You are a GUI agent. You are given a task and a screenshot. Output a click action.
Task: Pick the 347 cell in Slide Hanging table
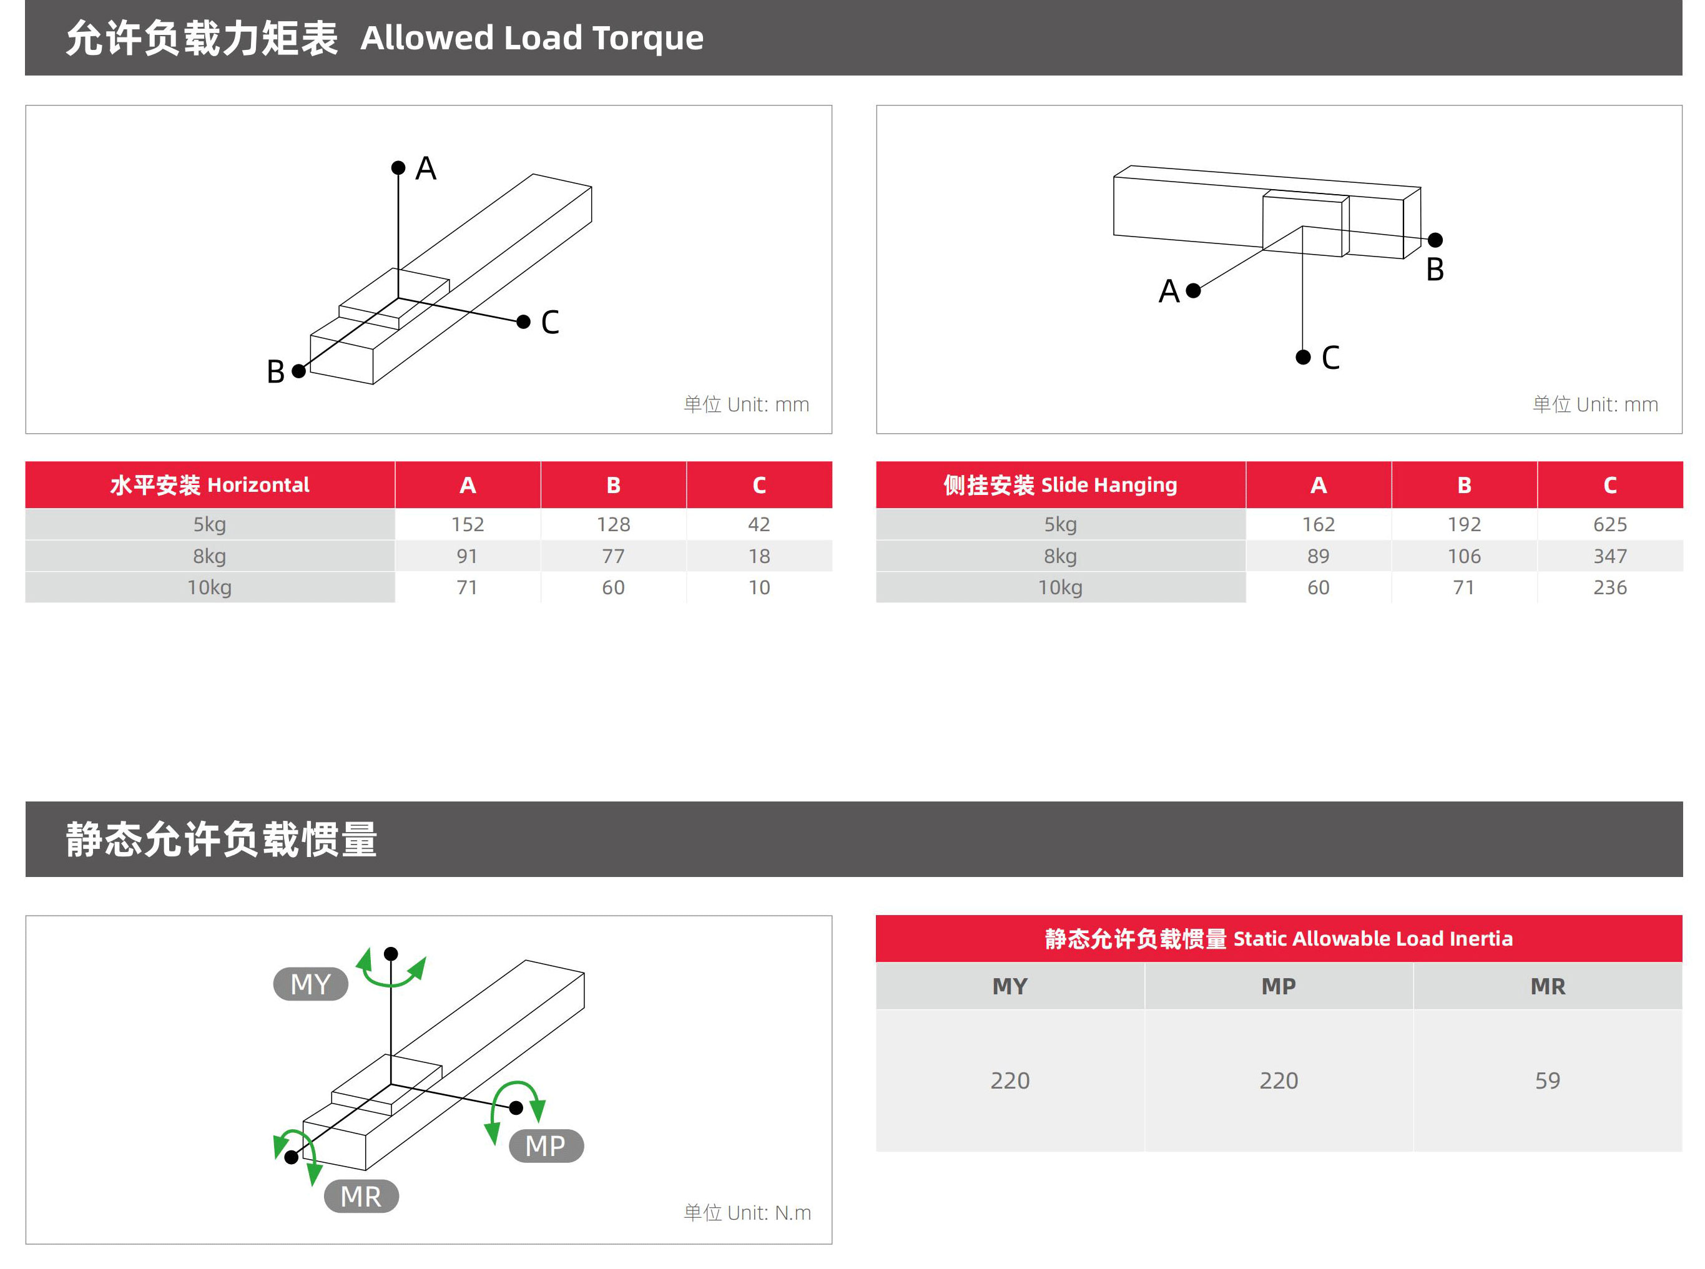[1609, 556]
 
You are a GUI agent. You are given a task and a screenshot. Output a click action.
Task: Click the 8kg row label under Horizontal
[209, 556]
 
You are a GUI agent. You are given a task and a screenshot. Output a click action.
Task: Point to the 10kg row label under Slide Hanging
[1059, 587]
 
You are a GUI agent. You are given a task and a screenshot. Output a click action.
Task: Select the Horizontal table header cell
[209, 485]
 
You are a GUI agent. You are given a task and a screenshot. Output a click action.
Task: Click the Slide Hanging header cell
[1059, 485]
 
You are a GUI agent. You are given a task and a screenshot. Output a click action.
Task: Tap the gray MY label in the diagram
[310, 984]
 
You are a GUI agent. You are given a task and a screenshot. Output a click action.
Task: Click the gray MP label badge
[546, 1146]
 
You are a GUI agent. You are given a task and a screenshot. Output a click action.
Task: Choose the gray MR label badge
[361, 1197]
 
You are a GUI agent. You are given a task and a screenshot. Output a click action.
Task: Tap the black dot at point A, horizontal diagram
[398, 167]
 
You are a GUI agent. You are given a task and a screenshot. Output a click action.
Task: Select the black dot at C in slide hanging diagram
[1303, 357]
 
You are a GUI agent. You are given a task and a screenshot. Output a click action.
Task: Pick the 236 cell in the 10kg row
[1609, 587]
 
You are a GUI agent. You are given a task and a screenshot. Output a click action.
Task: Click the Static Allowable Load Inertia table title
[1278, 938]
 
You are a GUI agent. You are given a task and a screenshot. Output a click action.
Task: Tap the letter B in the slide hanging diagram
[1435, 270]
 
